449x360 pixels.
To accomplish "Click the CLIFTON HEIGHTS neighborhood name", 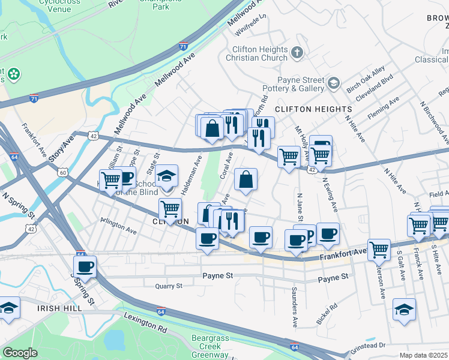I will pos(313,109).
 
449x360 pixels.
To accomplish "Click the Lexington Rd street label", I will pos(145,323).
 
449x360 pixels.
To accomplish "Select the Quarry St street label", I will pos(168,286).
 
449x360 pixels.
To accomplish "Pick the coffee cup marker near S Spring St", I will pos(85,266).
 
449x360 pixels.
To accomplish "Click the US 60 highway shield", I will pos(63,172).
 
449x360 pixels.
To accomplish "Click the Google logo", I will pos(20,353).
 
